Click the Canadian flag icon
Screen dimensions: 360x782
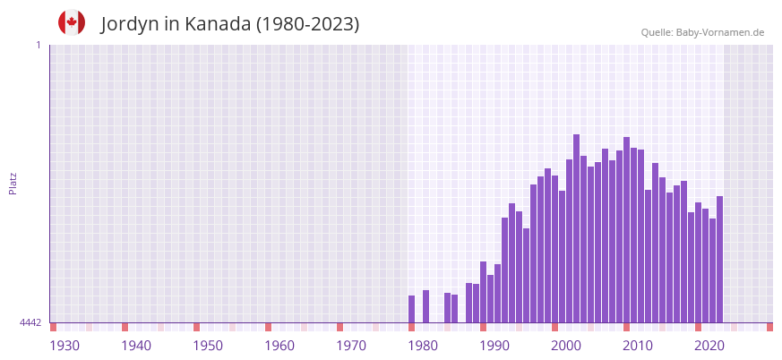[72, 23]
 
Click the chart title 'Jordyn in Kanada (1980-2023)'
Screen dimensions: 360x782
[230, 24]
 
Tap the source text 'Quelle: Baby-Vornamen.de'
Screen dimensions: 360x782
[702, 32]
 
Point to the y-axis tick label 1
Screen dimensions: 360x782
[39, 45]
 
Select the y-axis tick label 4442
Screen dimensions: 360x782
[30, 322]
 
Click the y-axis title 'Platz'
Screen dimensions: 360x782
[13, 183]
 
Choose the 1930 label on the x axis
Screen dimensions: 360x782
[64, 346]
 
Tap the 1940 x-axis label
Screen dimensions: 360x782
[136, 346]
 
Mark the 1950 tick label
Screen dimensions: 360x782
[208, 346]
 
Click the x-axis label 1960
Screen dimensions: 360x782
[279, 346]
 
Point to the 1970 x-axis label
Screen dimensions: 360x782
[351, 346]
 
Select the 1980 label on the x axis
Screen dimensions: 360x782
[423, 346]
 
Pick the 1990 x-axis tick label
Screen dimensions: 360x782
[494, 346]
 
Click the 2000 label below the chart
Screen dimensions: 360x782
[566, 346]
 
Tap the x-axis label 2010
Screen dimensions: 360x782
[638, 346]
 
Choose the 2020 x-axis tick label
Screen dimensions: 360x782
[709, 346]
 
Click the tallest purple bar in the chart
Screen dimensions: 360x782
[576, 228]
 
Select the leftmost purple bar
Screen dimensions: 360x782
[411, 309]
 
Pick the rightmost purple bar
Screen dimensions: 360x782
[719, 260]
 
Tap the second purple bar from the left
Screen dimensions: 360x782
[425, 306]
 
